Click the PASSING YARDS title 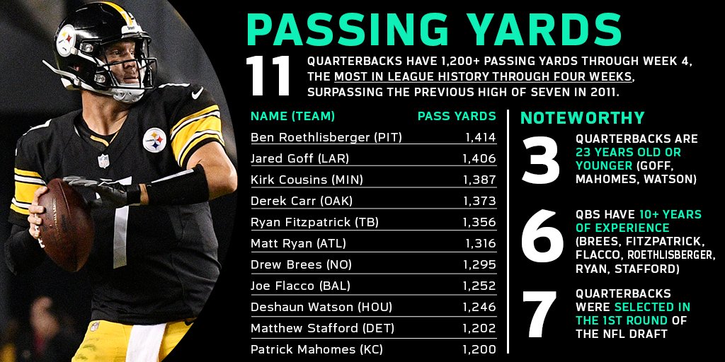click(434, 29)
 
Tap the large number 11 click(268, 76)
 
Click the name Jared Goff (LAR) click(299, 159)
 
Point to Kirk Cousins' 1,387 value click(479, 180)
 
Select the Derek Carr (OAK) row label click(302, 202)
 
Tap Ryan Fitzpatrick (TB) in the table click(314, 223)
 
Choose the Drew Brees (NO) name click(301, 265)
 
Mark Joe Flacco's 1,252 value click(479, 286)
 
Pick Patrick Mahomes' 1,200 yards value click(479, 349)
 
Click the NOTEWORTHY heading click(583, 118)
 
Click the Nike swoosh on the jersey click(197, 93)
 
